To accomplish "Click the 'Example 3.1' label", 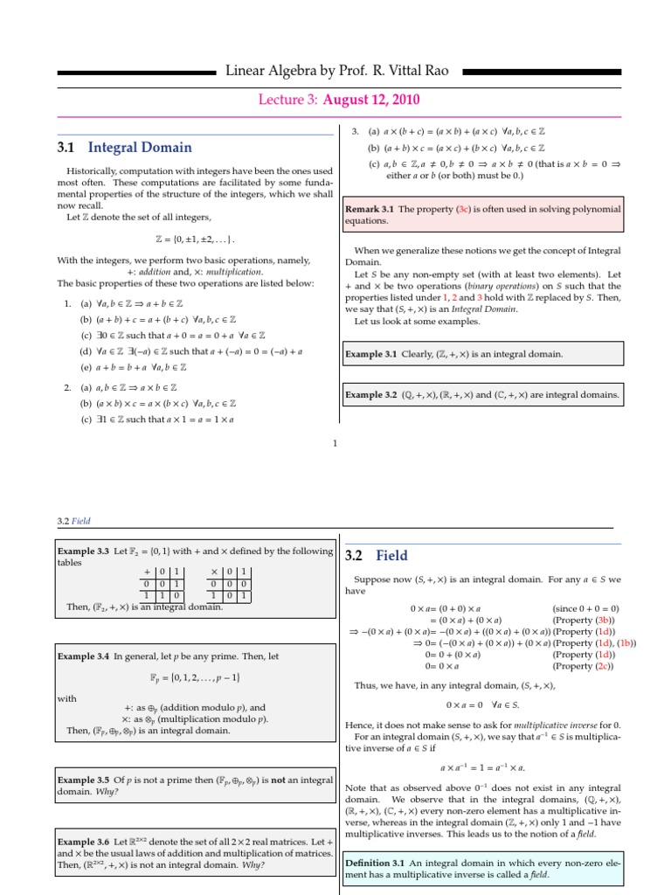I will (x=370, y=354).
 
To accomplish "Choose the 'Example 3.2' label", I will (x=370, y=395).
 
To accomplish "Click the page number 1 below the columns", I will (x=335, y=443).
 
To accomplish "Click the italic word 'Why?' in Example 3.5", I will (x=108, y=791).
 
